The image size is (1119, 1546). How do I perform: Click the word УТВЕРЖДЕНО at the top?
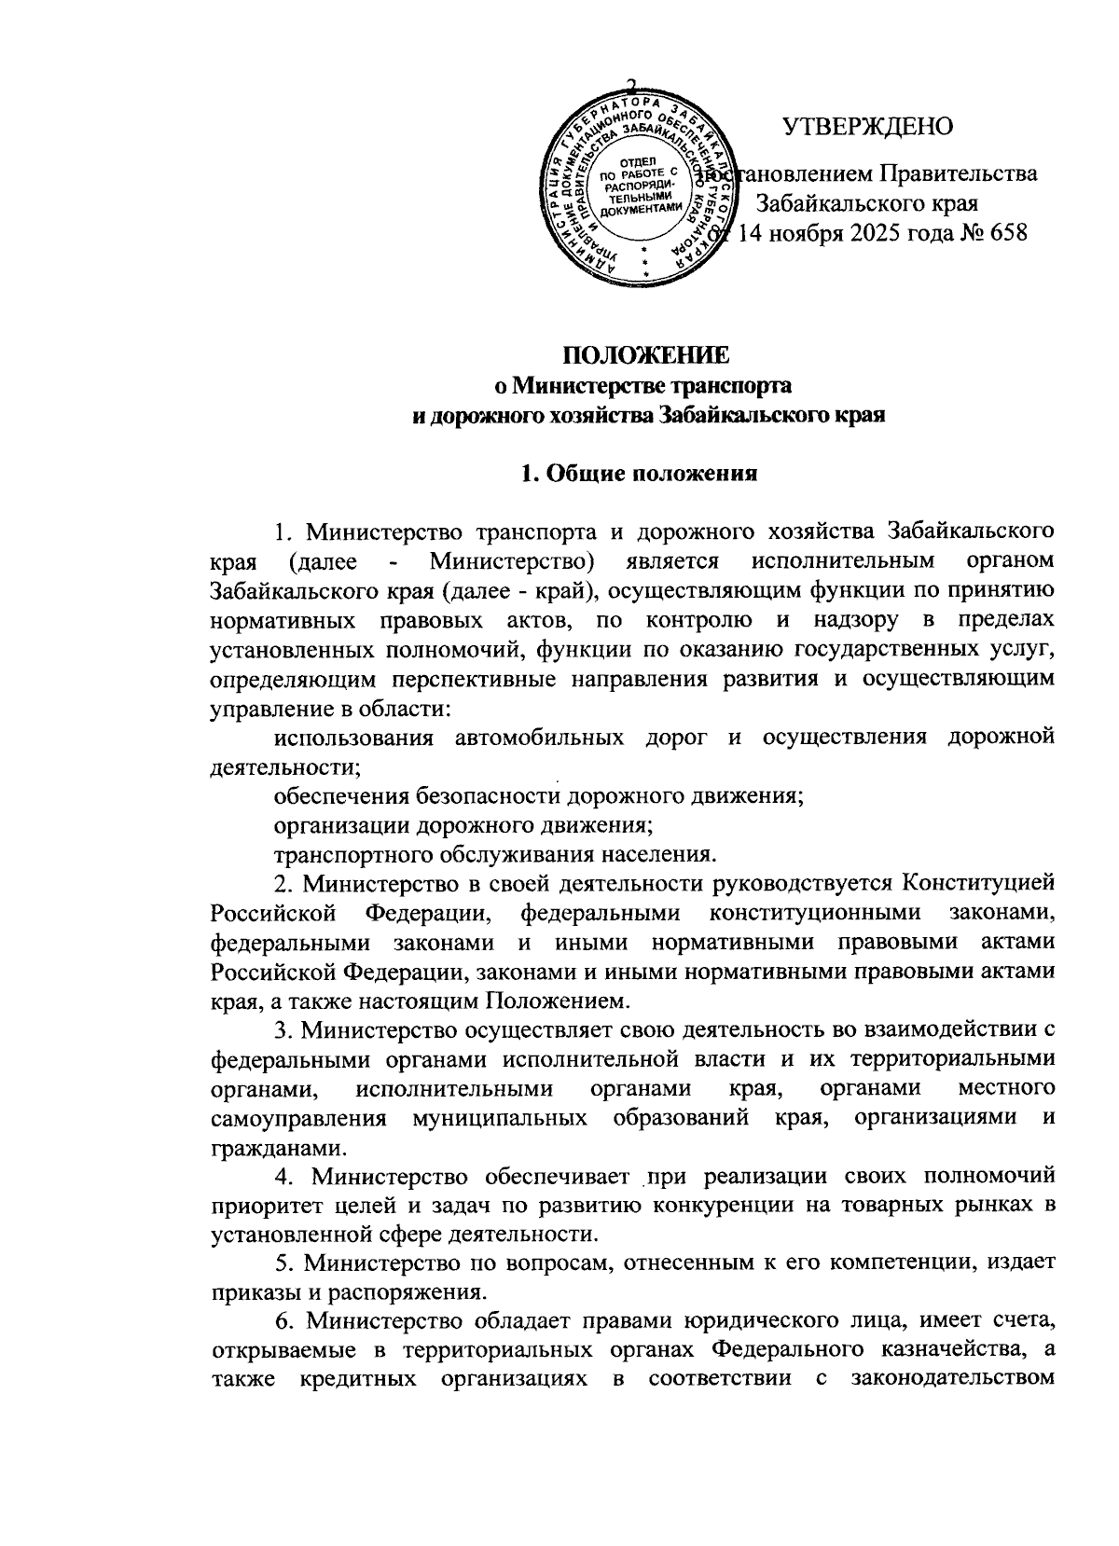866,126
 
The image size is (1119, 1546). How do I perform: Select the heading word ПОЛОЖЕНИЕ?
644,355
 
